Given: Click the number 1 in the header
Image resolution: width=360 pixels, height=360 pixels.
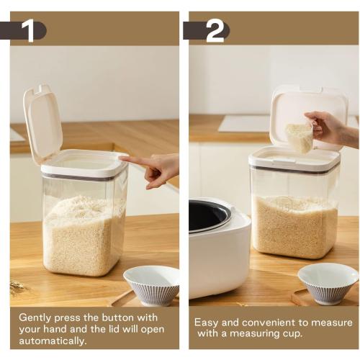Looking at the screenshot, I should tap(28, 31).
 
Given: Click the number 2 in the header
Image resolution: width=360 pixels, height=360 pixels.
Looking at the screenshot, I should tap(215, 31).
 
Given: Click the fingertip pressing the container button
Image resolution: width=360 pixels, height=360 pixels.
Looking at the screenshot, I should tap(124, 159).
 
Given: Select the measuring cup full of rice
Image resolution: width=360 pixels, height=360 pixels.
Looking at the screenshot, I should tap(300, 137).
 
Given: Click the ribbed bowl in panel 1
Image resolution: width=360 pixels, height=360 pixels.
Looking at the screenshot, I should tap(152, 284).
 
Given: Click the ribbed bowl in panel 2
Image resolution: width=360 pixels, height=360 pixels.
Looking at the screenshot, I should tap(328, 282).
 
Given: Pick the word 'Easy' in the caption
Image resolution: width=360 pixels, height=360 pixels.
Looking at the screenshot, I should tap(207, 322).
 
